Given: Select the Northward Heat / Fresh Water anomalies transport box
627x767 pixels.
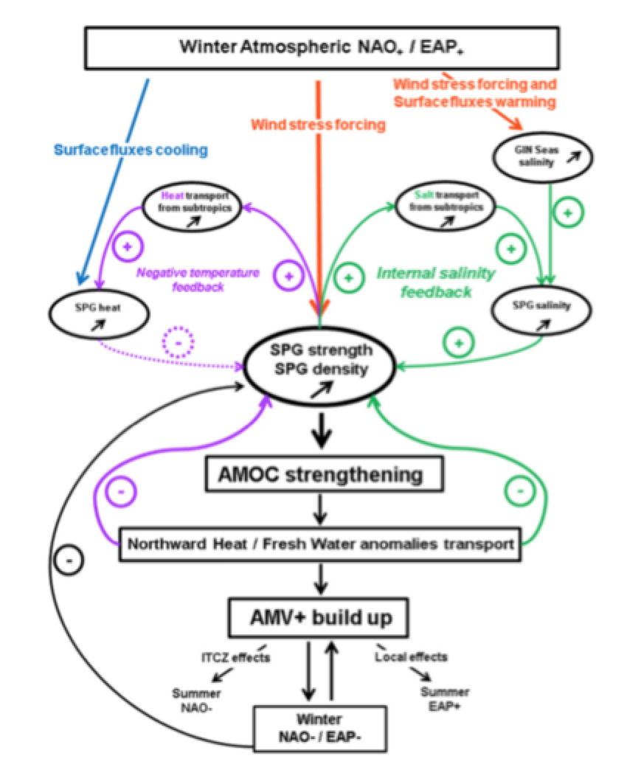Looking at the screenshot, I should [x=320, y=544].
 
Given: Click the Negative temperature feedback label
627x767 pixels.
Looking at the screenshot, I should [x=197, y=280].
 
